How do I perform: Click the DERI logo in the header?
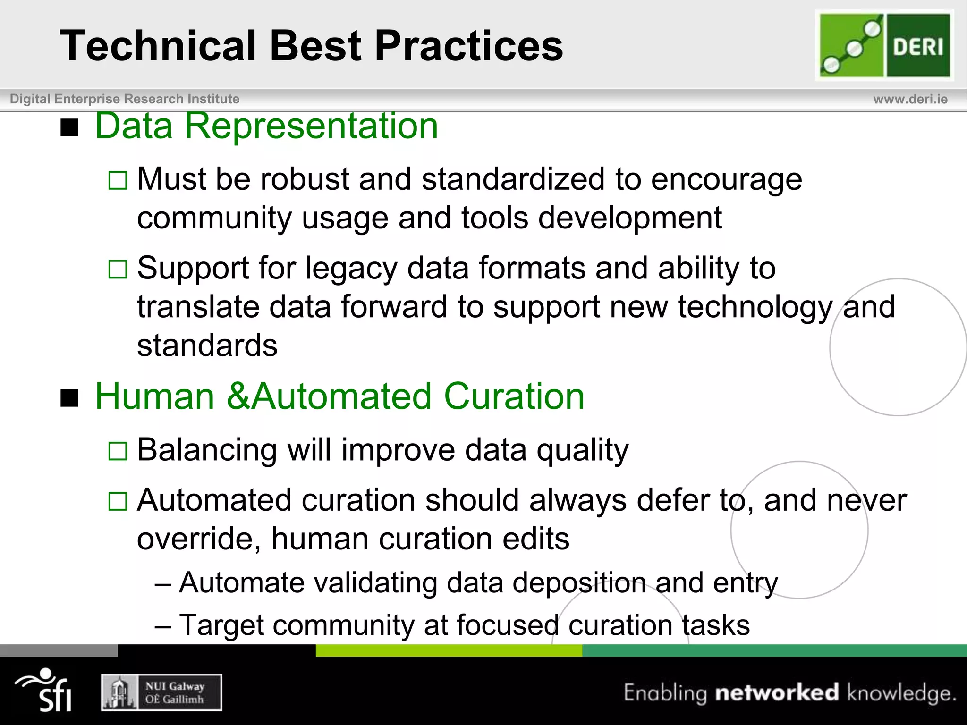pos(884,46)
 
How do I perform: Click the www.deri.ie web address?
pos(910,99)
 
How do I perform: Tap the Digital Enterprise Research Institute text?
pos(125,99)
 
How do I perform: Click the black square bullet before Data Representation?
pos(69,127)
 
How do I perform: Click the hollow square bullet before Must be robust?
pos(118,180)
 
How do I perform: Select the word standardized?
pos(513,179)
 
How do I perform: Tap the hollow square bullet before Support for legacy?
pos(118,270)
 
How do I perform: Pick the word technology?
pos(755,307)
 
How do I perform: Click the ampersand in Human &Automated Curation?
pos(238,396)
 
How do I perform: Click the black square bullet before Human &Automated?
pos(69,398)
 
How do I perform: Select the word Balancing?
pos(207,450)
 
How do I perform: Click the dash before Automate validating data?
pos(163,584)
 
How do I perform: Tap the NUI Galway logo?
pos(161,692)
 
